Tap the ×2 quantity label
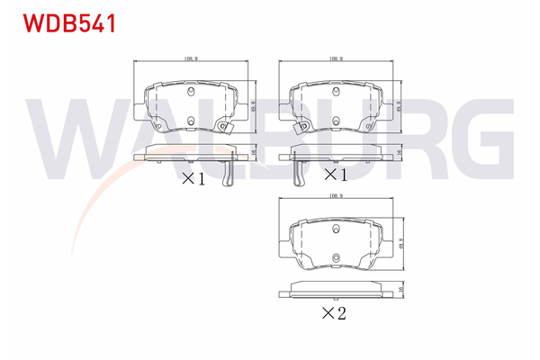[x=335, y=313]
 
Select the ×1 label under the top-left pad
[x=193, y=178]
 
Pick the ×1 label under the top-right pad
[x=335, y=173]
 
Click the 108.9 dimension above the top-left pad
[x=190, y=58]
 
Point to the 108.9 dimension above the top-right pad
[x=336, y=58]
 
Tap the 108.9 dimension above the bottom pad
[x=335, y=195]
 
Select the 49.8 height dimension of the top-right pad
[x=398, y=105]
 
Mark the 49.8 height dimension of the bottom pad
[x=399, y=243]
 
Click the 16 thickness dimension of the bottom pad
[x=399, y=289]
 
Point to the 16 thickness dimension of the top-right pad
[x=399, y=155]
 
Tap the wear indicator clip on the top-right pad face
[x=301, y=126]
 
